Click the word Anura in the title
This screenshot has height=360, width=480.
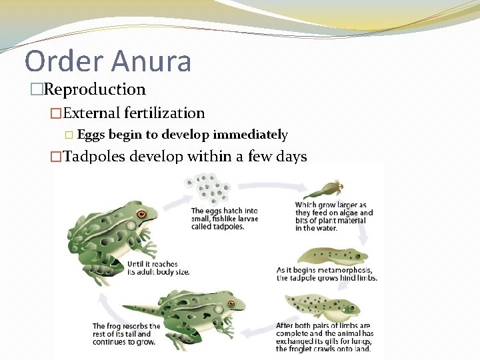(153, 61)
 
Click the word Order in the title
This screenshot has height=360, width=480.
(63, 61)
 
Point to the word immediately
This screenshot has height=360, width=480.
(250, 135)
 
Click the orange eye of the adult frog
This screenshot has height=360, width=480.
(141, 215)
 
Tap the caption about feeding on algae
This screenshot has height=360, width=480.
(334, 213)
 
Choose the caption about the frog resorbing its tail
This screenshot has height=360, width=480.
(126, 334)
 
